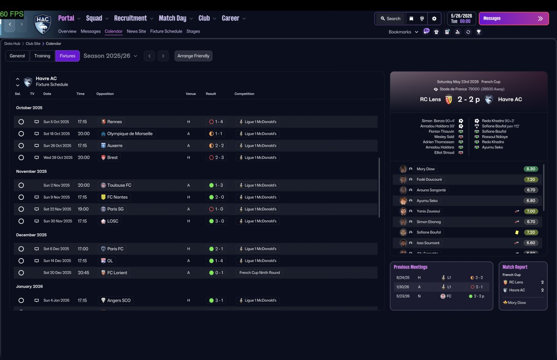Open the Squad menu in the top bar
pyautogui.click(x=94, y=18)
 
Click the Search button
pyautogui.click(x=390, y=19)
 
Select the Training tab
pyautogui.click(x=42, y=56)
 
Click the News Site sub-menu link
pyautogui.click(x=136, y=31)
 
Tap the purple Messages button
pyautogui.click(x=514, y=19)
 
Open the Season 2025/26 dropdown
pyautogui.click(x=111, y=56)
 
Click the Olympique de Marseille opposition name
pyautogui.click(x=130, y=134)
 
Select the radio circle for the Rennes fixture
pyautogui.click(x=21, y=121)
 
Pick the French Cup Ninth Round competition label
pyautogui.click(x=260, y=273)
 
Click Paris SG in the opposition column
pyautogui.click(x=115, y=209)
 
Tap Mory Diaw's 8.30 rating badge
pyautogui.click(x=530, y=169)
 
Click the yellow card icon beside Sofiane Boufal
pyautogui.click(x=517, y=232)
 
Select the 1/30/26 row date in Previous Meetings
pyautogui.click(x=403, y=287)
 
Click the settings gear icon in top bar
pyautogui.click(x=434, y=19)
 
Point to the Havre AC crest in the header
pyautogui.click(x=43, y=24)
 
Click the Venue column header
pyautogui.click(x=191, y=94)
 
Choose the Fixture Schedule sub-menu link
pyautogui.click(x=166, y=31)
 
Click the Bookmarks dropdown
pyautogui.click(x=403, y=32)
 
